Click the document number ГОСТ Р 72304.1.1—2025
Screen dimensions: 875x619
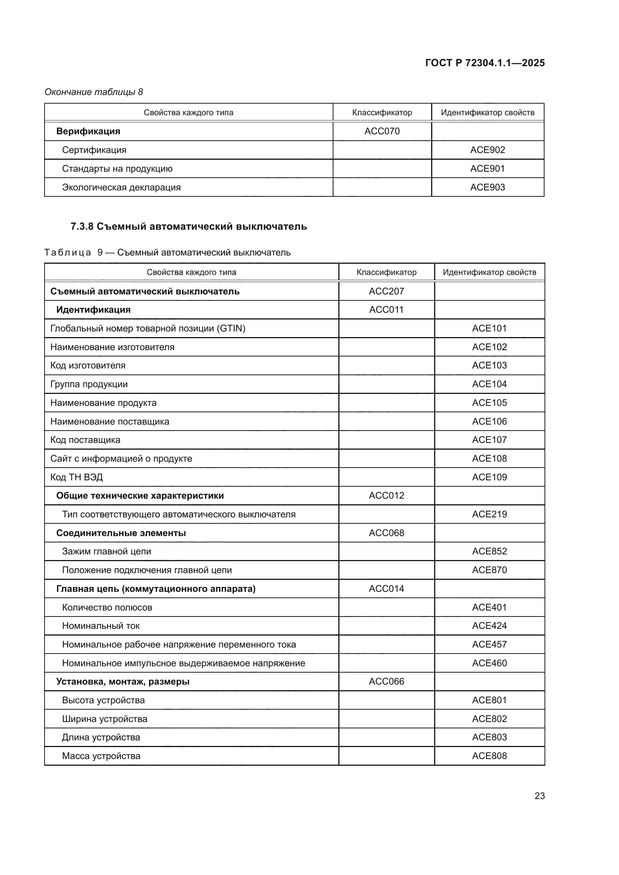484,63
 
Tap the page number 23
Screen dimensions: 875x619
539,796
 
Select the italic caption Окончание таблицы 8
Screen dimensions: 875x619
94,92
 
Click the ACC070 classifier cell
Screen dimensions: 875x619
382,131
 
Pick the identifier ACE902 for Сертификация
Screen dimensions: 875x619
488,150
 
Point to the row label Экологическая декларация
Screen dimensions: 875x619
121,187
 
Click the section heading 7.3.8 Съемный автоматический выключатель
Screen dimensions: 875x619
189,226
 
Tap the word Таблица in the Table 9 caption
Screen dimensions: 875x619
68,252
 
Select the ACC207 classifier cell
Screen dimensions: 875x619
386,291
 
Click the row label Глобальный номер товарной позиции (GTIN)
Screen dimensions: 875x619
148,328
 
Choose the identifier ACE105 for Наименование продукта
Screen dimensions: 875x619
490,403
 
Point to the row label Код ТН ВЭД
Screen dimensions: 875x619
77,477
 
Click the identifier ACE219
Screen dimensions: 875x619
490,514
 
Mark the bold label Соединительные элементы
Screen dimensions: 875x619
121,533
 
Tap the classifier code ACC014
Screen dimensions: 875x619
386,588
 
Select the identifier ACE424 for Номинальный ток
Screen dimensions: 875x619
490,625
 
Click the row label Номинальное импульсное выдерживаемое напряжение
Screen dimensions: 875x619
184,663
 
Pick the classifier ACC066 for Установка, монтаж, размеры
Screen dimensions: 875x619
386,681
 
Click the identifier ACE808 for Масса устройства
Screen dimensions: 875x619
490,756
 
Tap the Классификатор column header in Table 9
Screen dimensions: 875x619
386,272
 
